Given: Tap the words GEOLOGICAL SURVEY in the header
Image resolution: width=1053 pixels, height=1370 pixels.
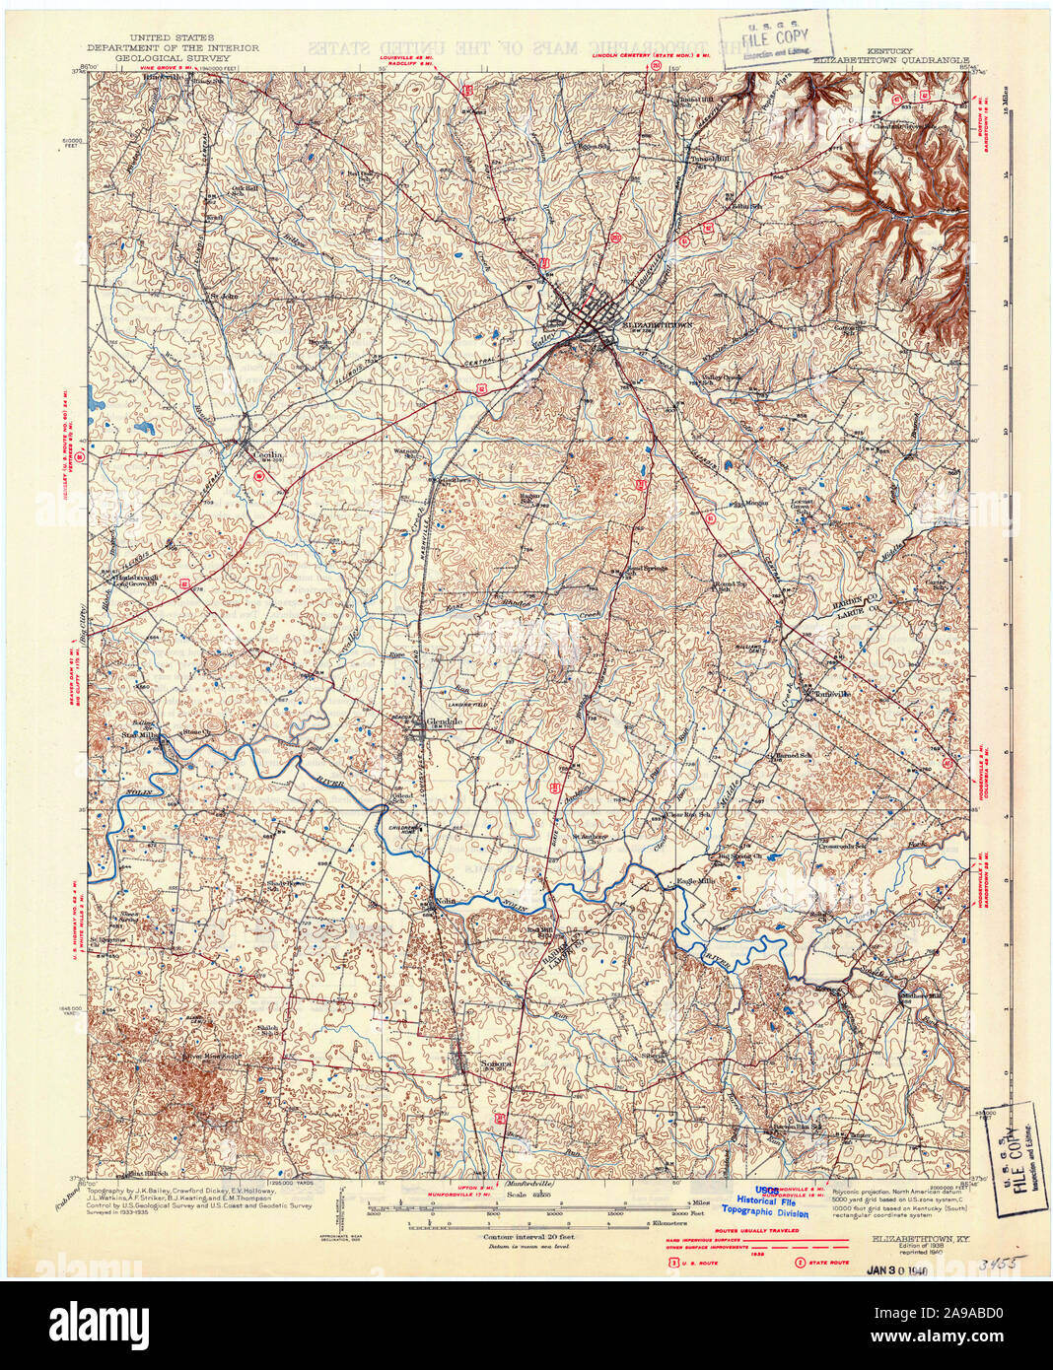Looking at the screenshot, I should coord(172,58).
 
